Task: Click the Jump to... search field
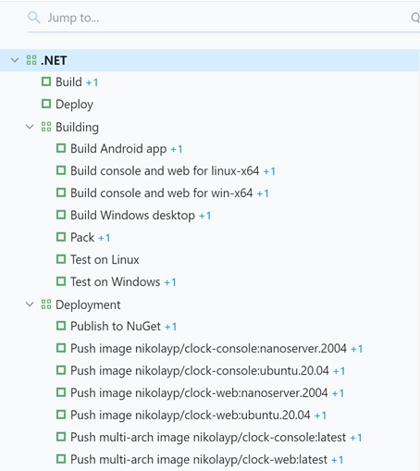click(x=216, y=18)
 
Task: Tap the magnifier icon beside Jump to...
click(x=34, y=18)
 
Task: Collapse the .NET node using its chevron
click(x=15, y=60)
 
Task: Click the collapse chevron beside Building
click(x=30, y=127)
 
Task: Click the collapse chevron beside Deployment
click(x=30, y=304)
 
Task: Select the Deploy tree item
click(x=74, y=105)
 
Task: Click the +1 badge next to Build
click(x=92, y=82)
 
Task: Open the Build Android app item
click(x=118, y=149)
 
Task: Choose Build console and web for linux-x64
click(x=165, y=171)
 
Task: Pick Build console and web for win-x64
click(x=162, y=193)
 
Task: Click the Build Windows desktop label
click(x=132, y=216)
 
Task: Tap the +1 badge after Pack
click(x=105, y=238)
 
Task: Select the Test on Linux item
click(x=105, y=260)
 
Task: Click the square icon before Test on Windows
click(x=61, y=281)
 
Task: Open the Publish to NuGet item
click(x=116, y=327)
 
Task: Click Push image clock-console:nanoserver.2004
click(x=208, y=349)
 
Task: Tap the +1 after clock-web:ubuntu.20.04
click(x=320, y=415)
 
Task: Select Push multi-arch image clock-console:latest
click(x=208, y=438)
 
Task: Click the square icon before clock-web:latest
click(x=61, y=459)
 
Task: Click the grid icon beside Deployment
click(x=46, y=304)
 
